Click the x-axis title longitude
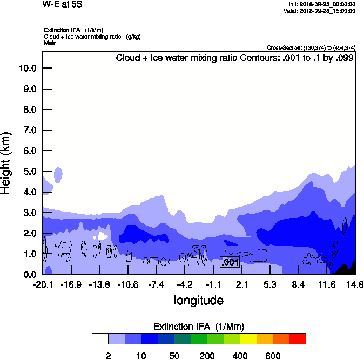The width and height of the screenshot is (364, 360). coord(198,300)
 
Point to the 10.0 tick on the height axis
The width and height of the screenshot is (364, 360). coord(27,69)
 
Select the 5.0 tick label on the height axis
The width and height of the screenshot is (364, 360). coord(29,172)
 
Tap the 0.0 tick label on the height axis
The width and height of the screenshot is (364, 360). coord(29,275)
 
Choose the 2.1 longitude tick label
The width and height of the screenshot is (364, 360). coord(241,284)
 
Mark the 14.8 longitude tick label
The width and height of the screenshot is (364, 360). coord(354,284)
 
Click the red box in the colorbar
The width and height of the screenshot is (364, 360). coord(298,339)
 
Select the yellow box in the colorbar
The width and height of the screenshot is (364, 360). coord(248,339)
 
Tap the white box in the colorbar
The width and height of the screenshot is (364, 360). coord(100,339)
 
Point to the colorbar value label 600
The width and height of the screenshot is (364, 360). coord(273,356)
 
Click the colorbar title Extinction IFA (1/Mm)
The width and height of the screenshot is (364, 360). coord(199,327)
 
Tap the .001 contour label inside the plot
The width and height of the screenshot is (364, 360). coord(230,262)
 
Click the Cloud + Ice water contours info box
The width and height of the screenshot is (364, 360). coord(234,58)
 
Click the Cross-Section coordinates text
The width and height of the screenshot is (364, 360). coord(311,48)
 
